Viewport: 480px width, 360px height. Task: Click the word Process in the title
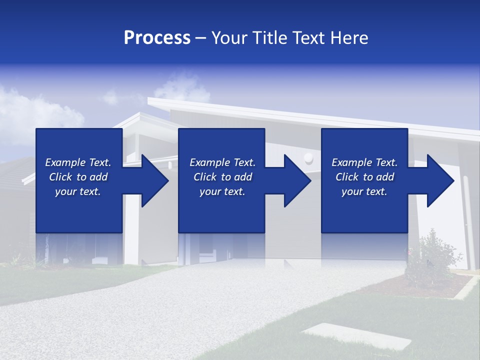(157, 38)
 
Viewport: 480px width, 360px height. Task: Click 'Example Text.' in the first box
(78, 162)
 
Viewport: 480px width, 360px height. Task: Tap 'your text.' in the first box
(78, 191)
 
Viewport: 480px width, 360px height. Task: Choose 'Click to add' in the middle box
(222, 177)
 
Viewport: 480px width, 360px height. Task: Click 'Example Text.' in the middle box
(222, 162)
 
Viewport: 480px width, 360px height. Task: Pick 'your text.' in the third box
(364, 191)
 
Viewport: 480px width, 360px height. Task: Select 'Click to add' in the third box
(364, 177)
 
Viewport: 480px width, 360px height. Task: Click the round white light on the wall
(308, 158)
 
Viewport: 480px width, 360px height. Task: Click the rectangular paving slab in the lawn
(357, 335)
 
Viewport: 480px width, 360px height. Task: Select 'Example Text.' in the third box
(364, 162)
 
